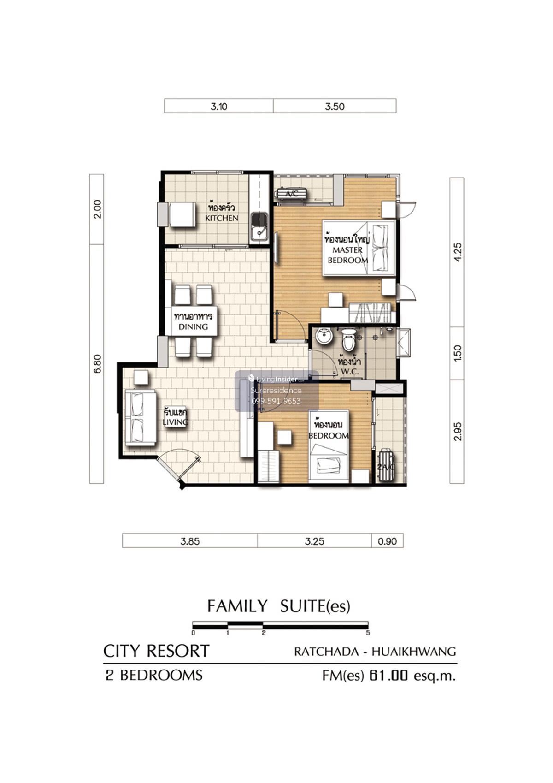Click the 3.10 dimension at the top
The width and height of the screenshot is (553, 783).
tap(219, 106)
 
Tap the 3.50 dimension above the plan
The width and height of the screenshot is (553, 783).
tap(334, 106)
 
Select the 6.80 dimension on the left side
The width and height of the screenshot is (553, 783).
tap(97, 363)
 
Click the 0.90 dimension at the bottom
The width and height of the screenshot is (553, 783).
tap(387, 541)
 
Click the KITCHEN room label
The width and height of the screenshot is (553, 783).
tap(222, 218)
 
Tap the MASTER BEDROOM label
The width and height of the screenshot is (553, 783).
tap(347, 255)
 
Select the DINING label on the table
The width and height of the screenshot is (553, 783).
tap(193, 327)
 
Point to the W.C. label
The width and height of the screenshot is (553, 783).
tap(349, 372)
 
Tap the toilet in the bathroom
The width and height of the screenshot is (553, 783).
tap(348, 339)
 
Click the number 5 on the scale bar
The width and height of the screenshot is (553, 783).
tap(368, 633)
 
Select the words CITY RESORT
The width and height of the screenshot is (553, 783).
tap(156, 651)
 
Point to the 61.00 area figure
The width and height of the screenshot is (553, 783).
tap(388, 676)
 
